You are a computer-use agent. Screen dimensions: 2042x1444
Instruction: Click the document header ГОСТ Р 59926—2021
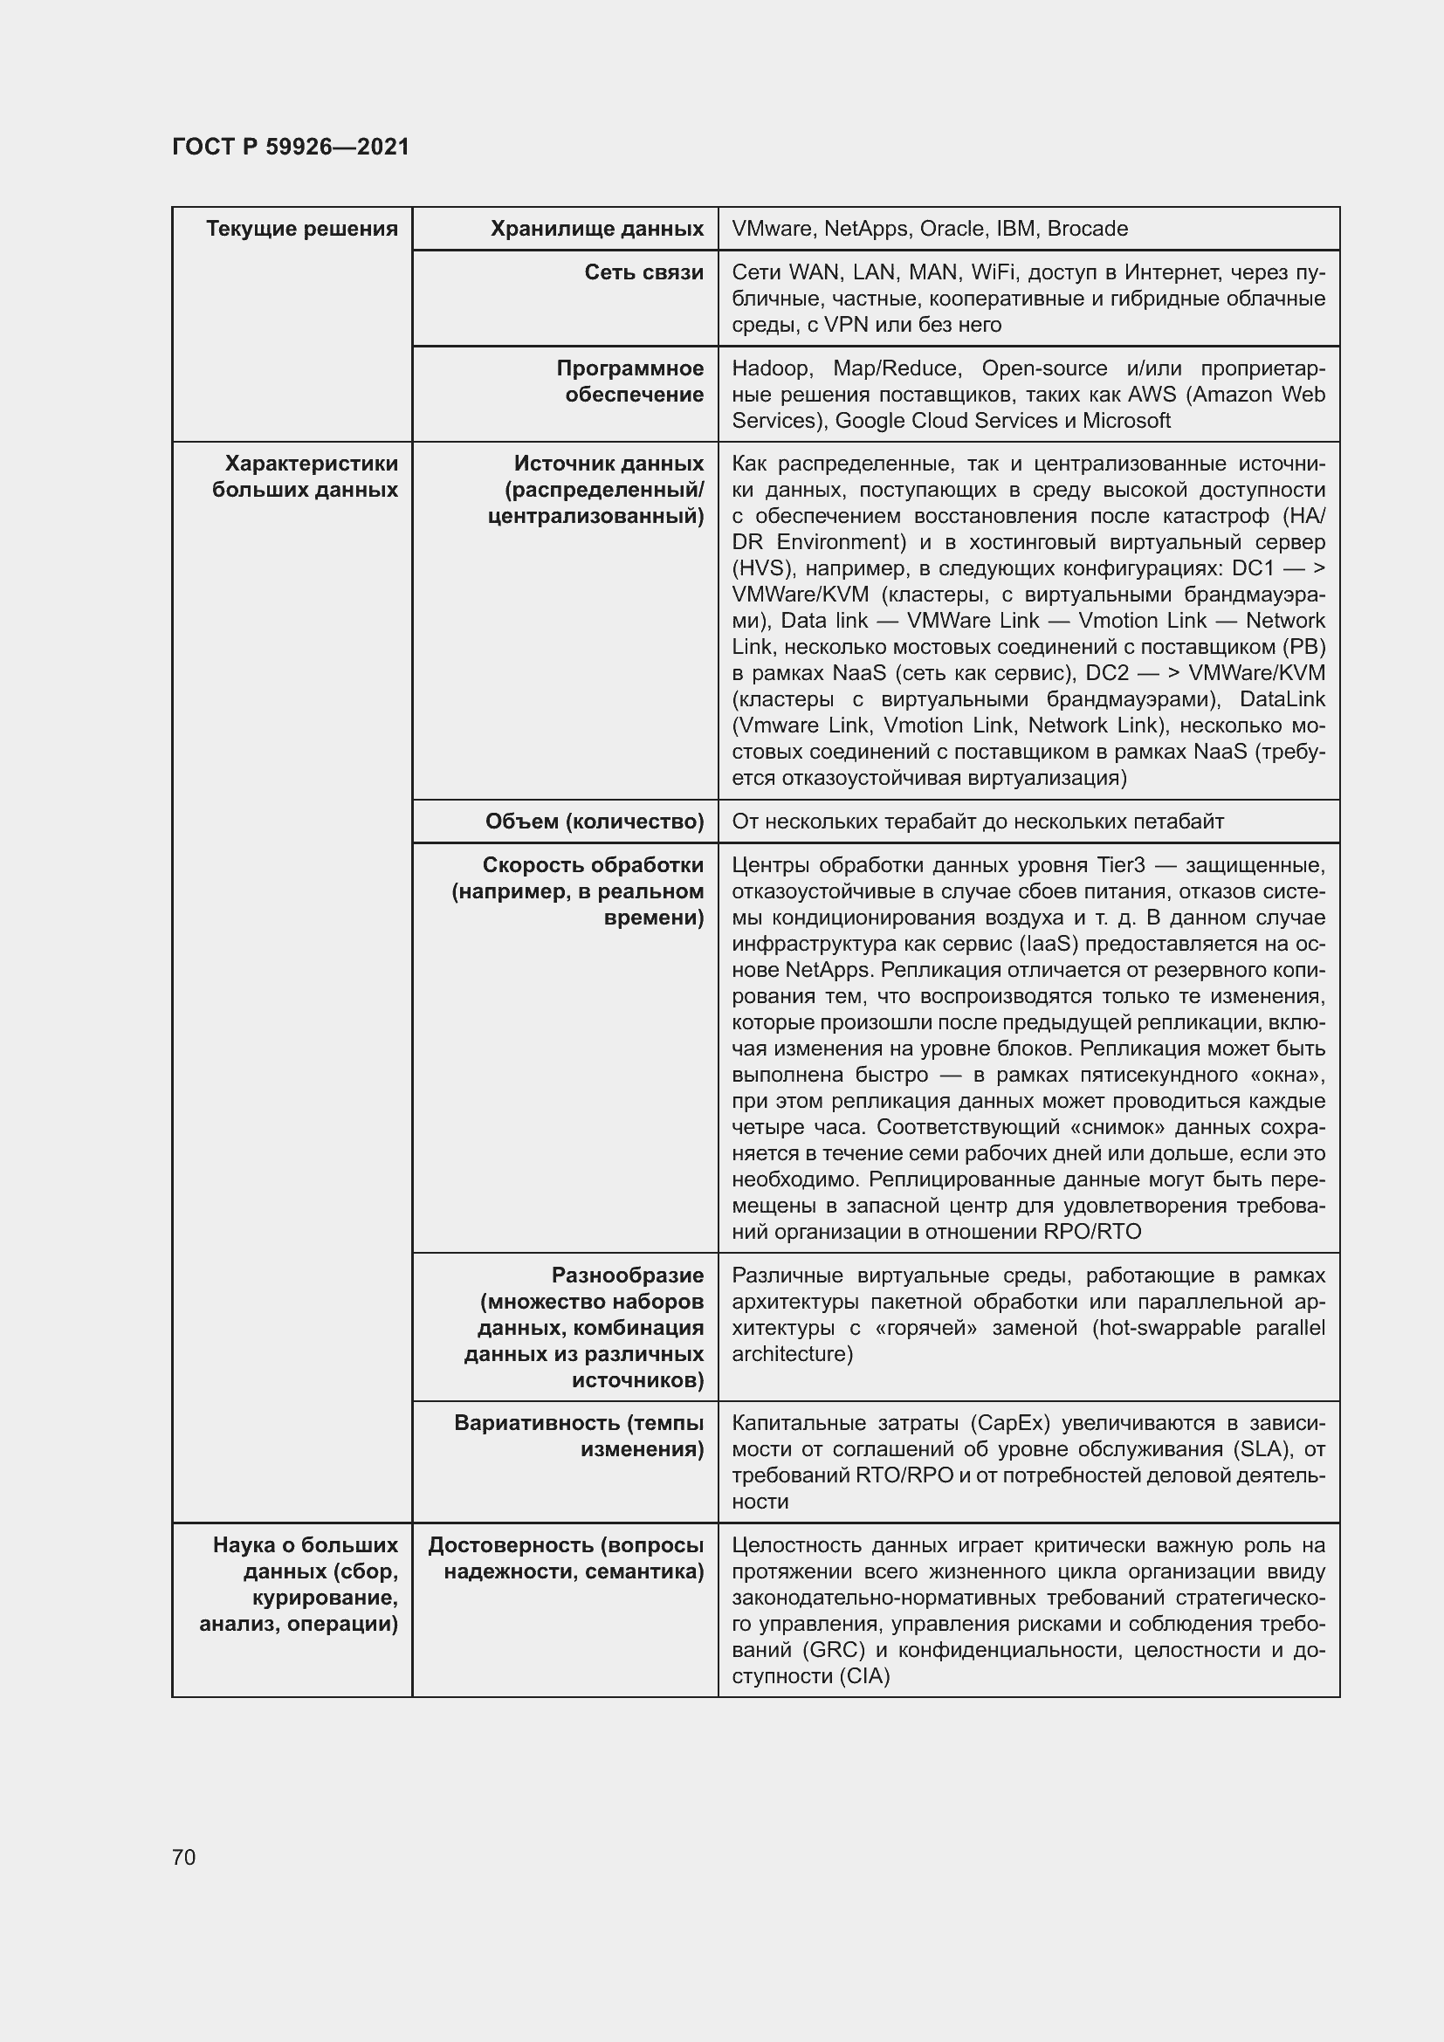click(x=291, y=147)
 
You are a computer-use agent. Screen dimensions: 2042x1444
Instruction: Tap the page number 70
click(x=184, y=1857)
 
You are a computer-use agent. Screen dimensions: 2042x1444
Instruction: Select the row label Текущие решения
click(x=301, y=230)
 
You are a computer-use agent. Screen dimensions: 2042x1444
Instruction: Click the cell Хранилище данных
click(x=596, y=230)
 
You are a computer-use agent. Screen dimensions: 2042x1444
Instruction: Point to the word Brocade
click(x=1087, y=230)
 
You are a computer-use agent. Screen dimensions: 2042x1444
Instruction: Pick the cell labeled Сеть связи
click(x=643, y=273)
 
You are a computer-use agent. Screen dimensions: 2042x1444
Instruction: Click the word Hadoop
click(x=770, y=368)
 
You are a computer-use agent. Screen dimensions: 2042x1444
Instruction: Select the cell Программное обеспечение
click(x=629, y=382)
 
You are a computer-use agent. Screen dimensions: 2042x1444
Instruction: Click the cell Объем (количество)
click(x=594, y=822)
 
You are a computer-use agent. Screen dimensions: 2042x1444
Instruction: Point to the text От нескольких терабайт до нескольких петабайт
click(x=977, y=822)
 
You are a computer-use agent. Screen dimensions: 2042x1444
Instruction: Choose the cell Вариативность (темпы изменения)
click(x=579, y=1435)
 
